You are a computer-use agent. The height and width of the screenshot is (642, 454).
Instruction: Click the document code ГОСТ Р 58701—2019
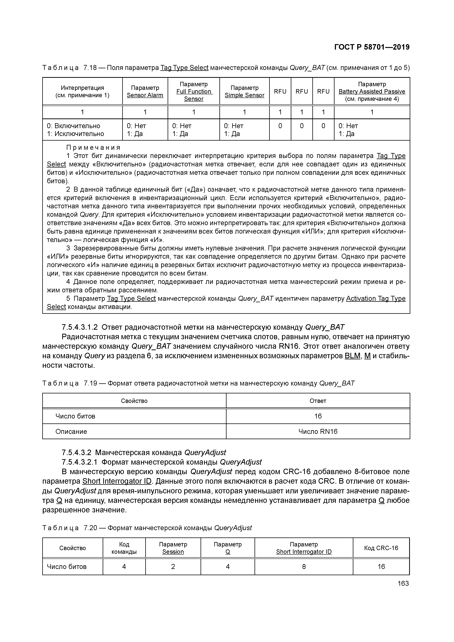[372, 47]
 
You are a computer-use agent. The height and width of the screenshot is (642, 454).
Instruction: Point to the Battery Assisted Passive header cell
[372, 91]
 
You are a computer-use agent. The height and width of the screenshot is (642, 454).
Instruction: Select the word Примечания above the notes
[93, 147]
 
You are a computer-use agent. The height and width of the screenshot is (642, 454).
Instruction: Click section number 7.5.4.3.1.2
[79, 327]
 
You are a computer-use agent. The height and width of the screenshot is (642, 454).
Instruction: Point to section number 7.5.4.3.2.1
[79, 462]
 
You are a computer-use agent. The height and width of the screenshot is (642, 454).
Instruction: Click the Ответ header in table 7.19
[318, 401]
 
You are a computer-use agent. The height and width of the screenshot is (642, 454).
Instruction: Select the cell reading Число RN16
[318, 431]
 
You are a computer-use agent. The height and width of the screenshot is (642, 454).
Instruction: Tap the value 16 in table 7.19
[318, 416]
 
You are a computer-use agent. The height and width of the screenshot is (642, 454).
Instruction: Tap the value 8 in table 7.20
[304, 567]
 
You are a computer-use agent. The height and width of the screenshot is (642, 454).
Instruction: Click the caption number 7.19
[90, 383]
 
